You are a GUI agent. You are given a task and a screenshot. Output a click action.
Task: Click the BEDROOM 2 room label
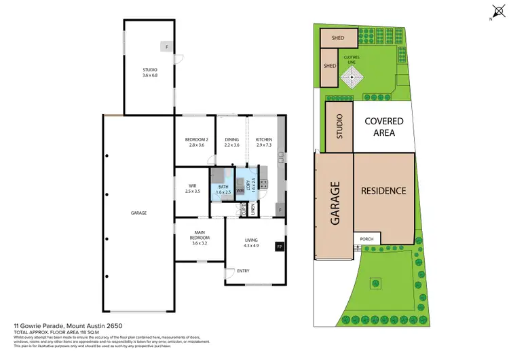click(195, 140)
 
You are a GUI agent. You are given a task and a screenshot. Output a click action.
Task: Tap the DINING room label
click(232, 140)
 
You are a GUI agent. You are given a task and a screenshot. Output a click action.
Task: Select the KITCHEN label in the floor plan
click(263, 140)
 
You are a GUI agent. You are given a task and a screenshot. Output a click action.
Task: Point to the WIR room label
click(192, 186)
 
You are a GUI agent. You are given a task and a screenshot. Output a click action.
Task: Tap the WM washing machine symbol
click(240, 190)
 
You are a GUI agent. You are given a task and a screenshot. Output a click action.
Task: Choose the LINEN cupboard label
click(252, 212)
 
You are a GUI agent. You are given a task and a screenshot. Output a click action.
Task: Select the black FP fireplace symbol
click(278, 247)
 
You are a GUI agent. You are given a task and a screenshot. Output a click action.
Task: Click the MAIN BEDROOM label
click(200, 238)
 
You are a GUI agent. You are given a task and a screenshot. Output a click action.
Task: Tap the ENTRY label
click(243, 272)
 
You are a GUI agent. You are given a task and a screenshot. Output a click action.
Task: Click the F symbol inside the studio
click(165, 47)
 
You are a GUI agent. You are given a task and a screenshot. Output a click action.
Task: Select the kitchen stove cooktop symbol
click(263, 183)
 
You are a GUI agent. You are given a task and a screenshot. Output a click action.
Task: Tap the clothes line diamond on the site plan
click(352, 79)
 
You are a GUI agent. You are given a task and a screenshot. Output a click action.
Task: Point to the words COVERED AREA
click(384, 127)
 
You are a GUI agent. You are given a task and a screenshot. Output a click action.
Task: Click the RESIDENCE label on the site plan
click(383, 191)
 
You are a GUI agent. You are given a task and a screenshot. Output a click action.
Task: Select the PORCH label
click(367, 239)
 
